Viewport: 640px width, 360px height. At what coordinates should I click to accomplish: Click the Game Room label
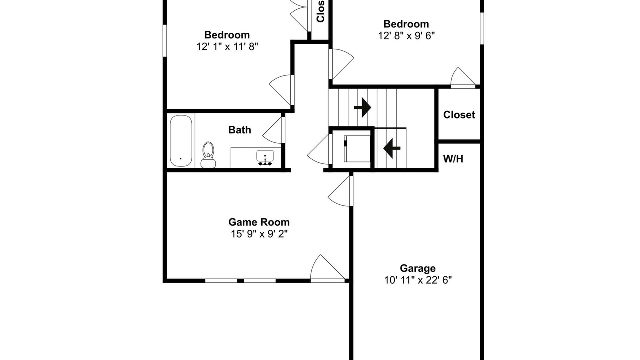pyautogui.click(x=259, y=222)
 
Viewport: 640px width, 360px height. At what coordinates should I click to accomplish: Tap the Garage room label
pyautogui.click(x=417, y=269)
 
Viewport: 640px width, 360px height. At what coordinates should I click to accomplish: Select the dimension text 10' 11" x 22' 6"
pyautogui.click(x=418, y=280)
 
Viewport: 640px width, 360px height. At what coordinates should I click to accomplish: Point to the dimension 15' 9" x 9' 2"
pyautogui.click(x=259, y=234)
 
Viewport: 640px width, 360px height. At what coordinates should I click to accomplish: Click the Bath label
pyautogui.click(x=239, y=130)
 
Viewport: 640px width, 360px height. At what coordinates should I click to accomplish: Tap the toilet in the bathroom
pyautogui.click(x=208, y=155)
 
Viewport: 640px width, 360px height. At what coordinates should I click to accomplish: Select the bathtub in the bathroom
pyautogui.click(x=181, y=141)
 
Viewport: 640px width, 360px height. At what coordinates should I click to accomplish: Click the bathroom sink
pyautogui.click(x=265, y=158)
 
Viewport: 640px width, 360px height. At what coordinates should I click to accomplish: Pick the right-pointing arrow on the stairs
pyautogui.click(x=363, y=107)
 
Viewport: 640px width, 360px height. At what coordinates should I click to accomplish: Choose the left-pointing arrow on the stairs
pyautogui.click(x=392, y=148)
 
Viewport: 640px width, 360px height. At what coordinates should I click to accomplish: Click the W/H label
pyautogui.click(x=453, y=159)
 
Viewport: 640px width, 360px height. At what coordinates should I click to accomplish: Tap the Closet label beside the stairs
pyautogui.click(x=459, y=115)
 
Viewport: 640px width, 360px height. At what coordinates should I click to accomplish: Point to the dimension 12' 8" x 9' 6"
pyautogui.click(x=406, y=36)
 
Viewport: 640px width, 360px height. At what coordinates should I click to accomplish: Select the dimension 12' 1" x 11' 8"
pyautogui.click(x=227, y=47)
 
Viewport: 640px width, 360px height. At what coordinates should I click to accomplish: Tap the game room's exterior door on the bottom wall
pyautogui.click(x=327, y=269)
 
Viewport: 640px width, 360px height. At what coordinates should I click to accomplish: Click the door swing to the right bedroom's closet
pyautogui.click(x=463, y=77)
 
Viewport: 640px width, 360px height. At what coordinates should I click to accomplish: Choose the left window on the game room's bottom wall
pyautogui.click(x=221, y=281)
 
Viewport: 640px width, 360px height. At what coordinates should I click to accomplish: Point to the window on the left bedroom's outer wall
pyautogui.click(x=165, y=41)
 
